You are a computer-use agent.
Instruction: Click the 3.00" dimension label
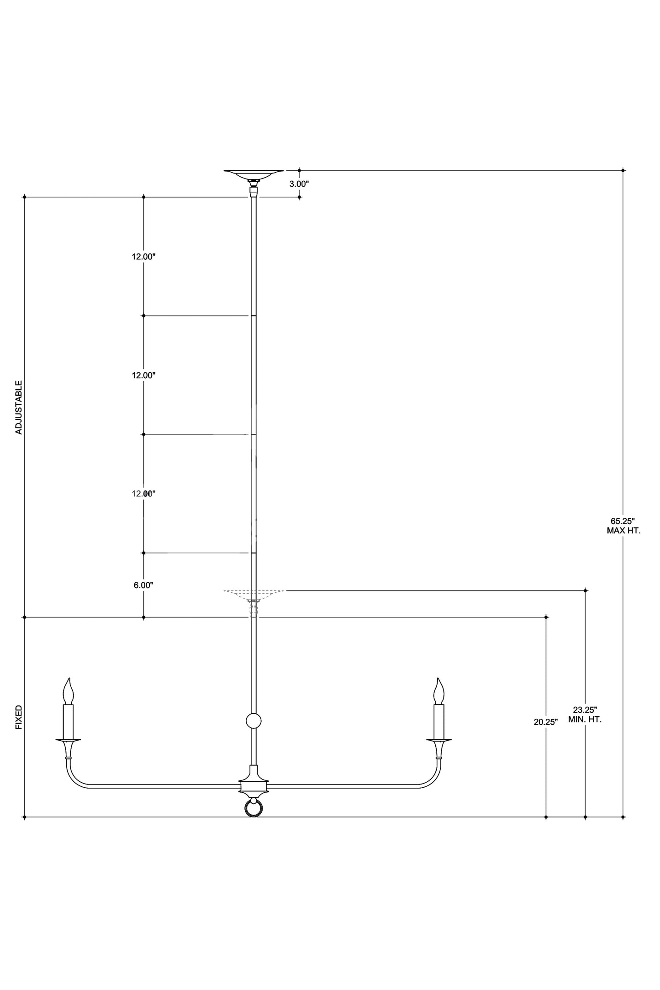click(x=300, y=184)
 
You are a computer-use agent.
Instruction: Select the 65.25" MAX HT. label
click(x=623, y=526)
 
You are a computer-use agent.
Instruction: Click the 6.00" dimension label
click(x=143, y=585)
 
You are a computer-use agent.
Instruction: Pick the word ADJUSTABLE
click(x=19, y=407)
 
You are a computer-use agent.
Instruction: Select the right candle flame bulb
click(x=439, y=691)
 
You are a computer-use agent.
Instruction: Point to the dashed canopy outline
click(x=253, y=596)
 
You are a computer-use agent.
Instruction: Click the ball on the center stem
click(x=253, y=721)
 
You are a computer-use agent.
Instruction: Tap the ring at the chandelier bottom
click(x=253, y=809)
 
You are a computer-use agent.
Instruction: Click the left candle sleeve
click(x=68, y=722)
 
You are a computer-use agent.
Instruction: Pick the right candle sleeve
click(x=439, y=722)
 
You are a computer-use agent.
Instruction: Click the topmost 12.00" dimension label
click(x=144, y=257)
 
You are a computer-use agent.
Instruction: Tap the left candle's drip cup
click(x=68, y=741)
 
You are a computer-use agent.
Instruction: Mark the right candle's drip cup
click(x=439, y=741)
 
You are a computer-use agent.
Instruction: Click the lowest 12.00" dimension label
click(x=144, y=494)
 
